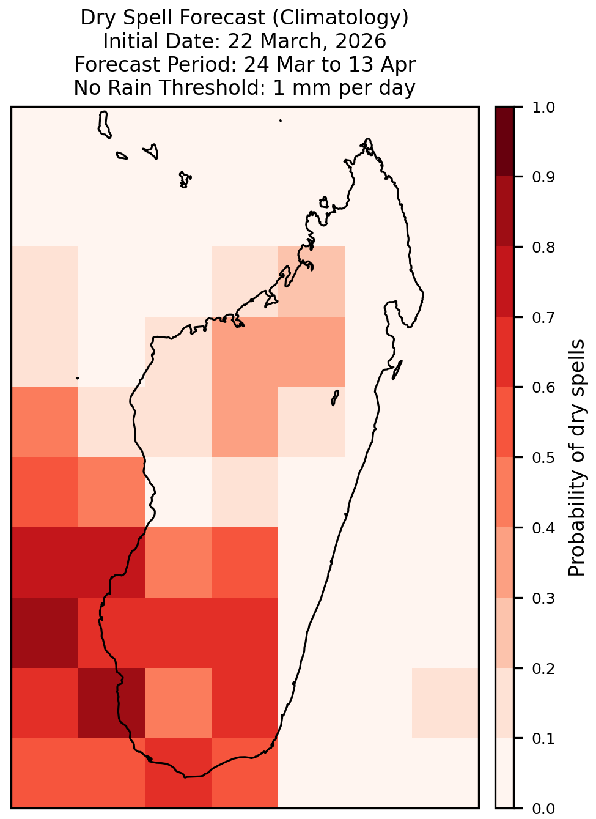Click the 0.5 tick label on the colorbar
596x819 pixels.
coord(543,458)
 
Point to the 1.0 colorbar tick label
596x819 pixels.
coord(543,108)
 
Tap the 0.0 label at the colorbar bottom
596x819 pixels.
coord(543,809)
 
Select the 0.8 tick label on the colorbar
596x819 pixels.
coord(543,248)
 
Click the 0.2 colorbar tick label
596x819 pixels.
coord(543,669)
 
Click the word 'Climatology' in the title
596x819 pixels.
coord(340,18)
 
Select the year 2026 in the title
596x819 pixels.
coord(360,41)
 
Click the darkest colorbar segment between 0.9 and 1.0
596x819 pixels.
coord(505,142)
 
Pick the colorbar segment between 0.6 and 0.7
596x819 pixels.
coord(505,352)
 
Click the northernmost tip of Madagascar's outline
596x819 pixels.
coord(367,139)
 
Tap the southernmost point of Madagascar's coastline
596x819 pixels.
coord(185,777)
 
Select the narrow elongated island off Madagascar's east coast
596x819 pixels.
coord(397,370)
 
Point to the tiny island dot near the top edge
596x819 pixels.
coord(281,120)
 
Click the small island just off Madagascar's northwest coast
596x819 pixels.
coord(324,202)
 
